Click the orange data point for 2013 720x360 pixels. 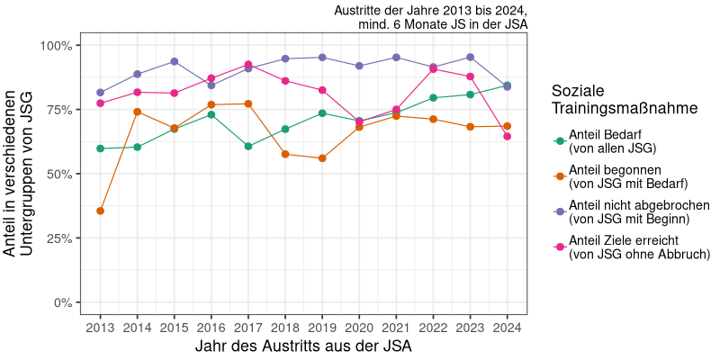point(100,211)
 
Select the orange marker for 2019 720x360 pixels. point(322,158)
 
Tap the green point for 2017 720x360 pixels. point(248,146)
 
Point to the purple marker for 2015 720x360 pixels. point(175,61)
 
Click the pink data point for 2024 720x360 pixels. point(508,137)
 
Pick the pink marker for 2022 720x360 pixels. point(434,69)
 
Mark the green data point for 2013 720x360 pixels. point(100,148)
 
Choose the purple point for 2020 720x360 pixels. point(360,66)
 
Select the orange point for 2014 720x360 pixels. point(138,112)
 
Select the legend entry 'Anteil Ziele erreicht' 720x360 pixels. point(630,247)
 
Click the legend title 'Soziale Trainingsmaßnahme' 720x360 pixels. point(611,100)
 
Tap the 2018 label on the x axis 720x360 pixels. point(285,326)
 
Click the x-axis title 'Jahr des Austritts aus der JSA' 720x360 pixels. point(303,346)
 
